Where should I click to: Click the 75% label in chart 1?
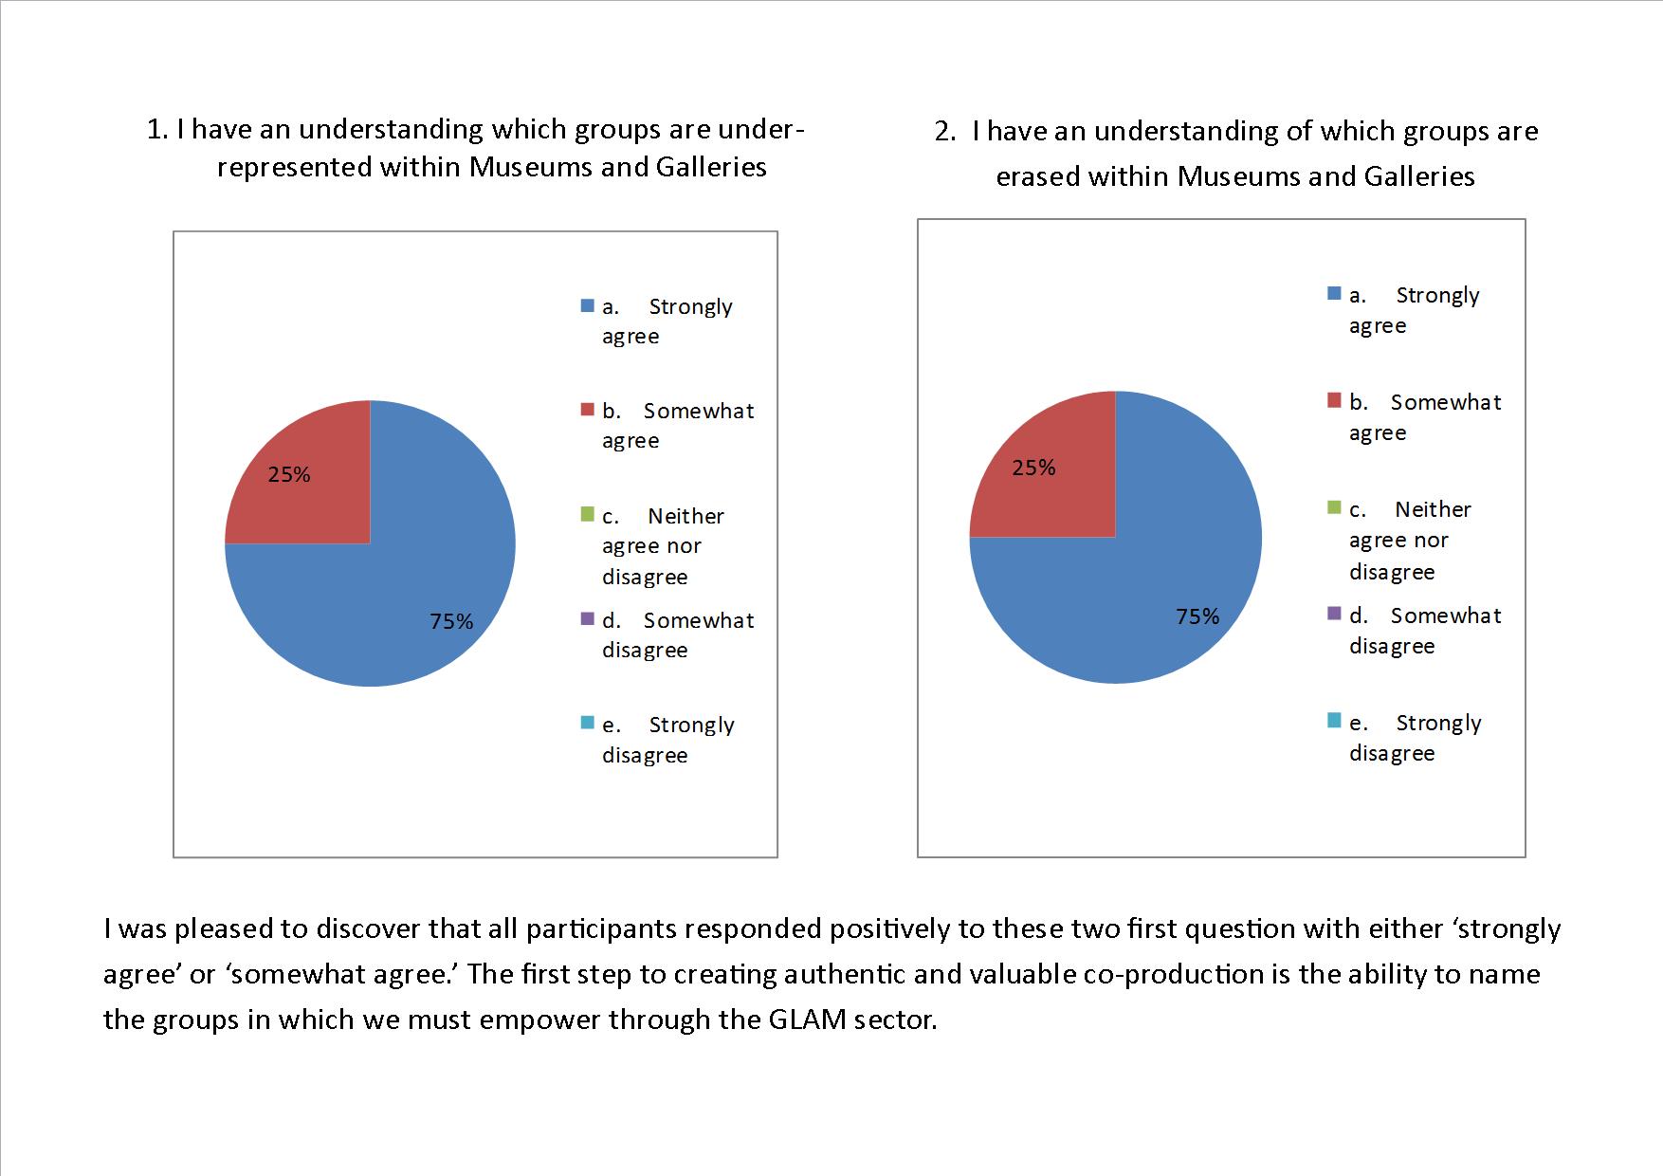pyautogui.click(x=451, y=621)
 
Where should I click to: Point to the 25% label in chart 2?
pyautogui.click(x=1033, y=468)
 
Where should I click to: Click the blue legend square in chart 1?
pyautogui.click(x=588, y=306)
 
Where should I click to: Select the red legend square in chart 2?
pyautogui.click(x=1335, y=401)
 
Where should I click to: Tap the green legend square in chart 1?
pyautogui.click(x=588, y=515)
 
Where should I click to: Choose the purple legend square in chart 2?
pyautogui.click(x=1335, y=614)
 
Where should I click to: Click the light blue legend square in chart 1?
pyautogui.click(x=588, y=724)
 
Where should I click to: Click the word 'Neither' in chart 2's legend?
pyautogui.click(x=1433, y=509)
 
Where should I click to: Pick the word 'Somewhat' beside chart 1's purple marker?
pyautogui.click(x=699, y=620)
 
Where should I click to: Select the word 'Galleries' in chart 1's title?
pyautogui.click(x=711, y=167)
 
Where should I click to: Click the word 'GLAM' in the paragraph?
pyautogui.click(x=809, y=1020)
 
